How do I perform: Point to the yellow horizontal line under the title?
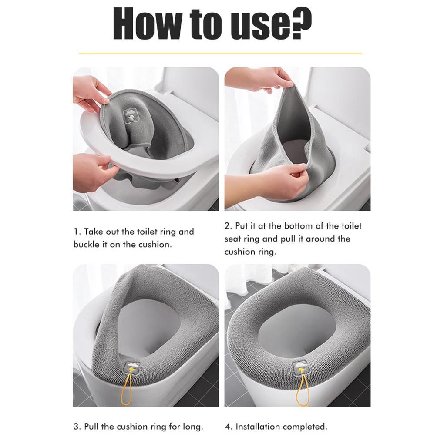220,53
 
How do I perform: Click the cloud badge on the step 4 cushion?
299,368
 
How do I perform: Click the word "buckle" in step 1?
87,244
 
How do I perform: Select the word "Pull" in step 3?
91,427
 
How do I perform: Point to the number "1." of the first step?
77,232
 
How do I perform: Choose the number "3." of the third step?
77,427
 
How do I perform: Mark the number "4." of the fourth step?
229,427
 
